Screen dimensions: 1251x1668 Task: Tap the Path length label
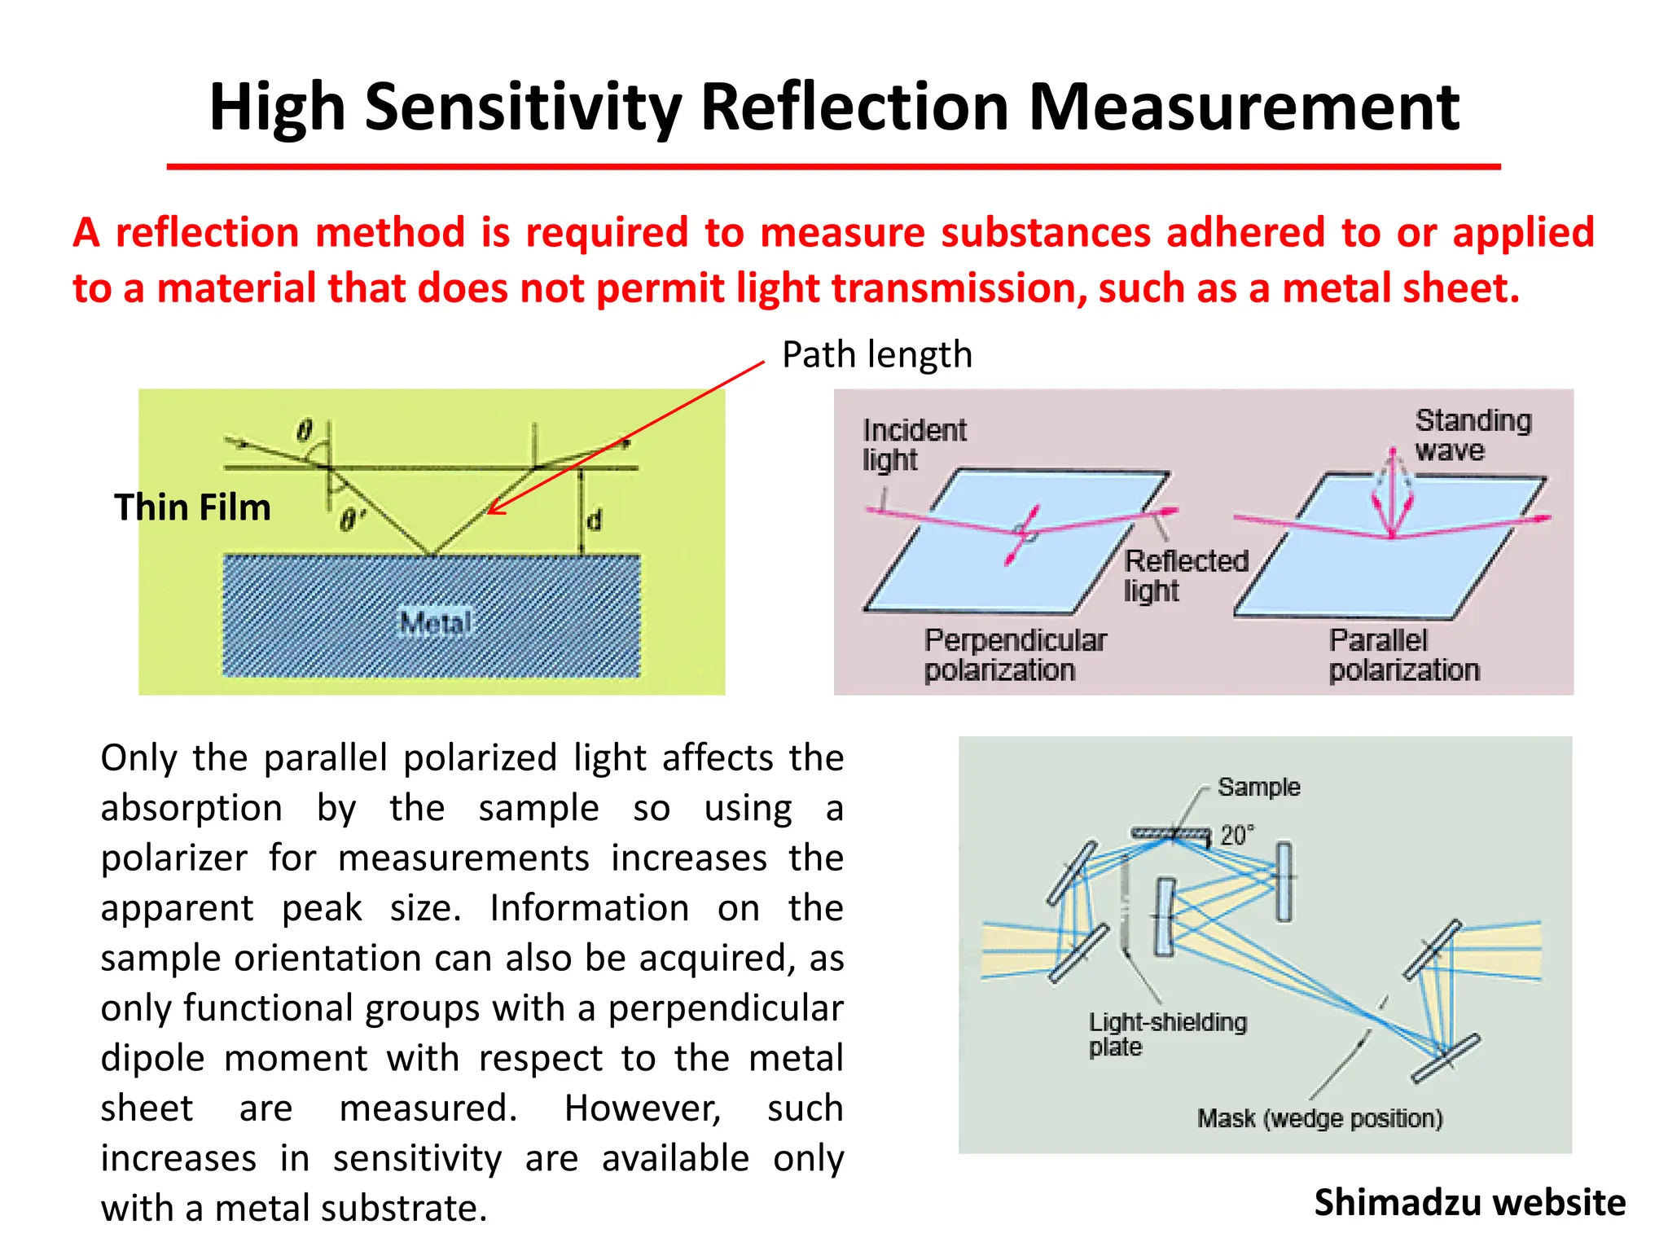click(876, 355)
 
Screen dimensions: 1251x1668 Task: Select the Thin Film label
click(192, 507)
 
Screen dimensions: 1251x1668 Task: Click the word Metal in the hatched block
click(436, 624)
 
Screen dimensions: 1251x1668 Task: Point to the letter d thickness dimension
click(595, 520)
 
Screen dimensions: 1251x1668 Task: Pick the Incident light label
click(913, 445)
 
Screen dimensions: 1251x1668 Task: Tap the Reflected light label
click(1185, 575)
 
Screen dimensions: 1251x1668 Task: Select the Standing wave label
click(1472, 435)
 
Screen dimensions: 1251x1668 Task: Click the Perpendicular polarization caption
click(1014, 655)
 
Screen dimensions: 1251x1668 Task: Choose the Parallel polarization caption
click(1403, 655)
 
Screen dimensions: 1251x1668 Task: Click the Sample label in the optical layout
click(1258, 788)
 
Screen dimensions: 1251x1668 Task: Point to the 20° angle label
click(1236, 836)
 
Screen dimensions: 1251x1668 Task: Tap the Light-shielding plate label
click(1166, 1034)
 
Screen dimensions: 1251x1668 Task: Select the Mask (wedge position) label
click(1319, 1118)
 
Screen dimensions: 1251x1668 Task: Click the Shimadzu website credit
click(1469, 1203)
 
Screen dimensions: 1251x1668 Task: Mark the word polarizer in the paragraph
click(173, 858)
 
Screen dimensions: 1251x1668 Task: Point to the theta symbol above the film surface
click(304, 430)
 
